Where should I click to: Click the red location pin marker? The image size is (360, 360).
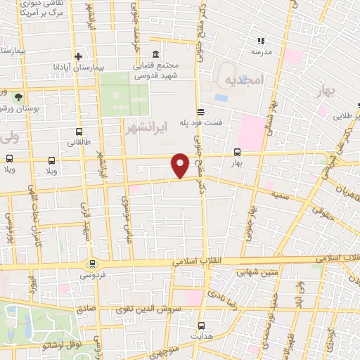[181, 165]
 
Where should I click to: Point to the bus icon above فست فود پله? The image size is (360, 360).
[200, 111]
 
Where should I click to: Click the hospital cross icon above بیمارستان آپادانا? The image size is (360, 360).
[79, 56]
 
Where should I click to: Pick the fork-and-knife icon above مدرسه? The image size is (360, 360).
[259, 41]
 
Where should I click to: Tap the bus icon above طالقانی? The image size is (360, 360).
[79, 131]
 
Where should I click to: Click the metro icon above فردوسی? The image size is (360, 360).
[91, 264]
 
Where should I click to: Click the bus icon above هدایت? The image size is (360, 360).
[202, 326]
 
